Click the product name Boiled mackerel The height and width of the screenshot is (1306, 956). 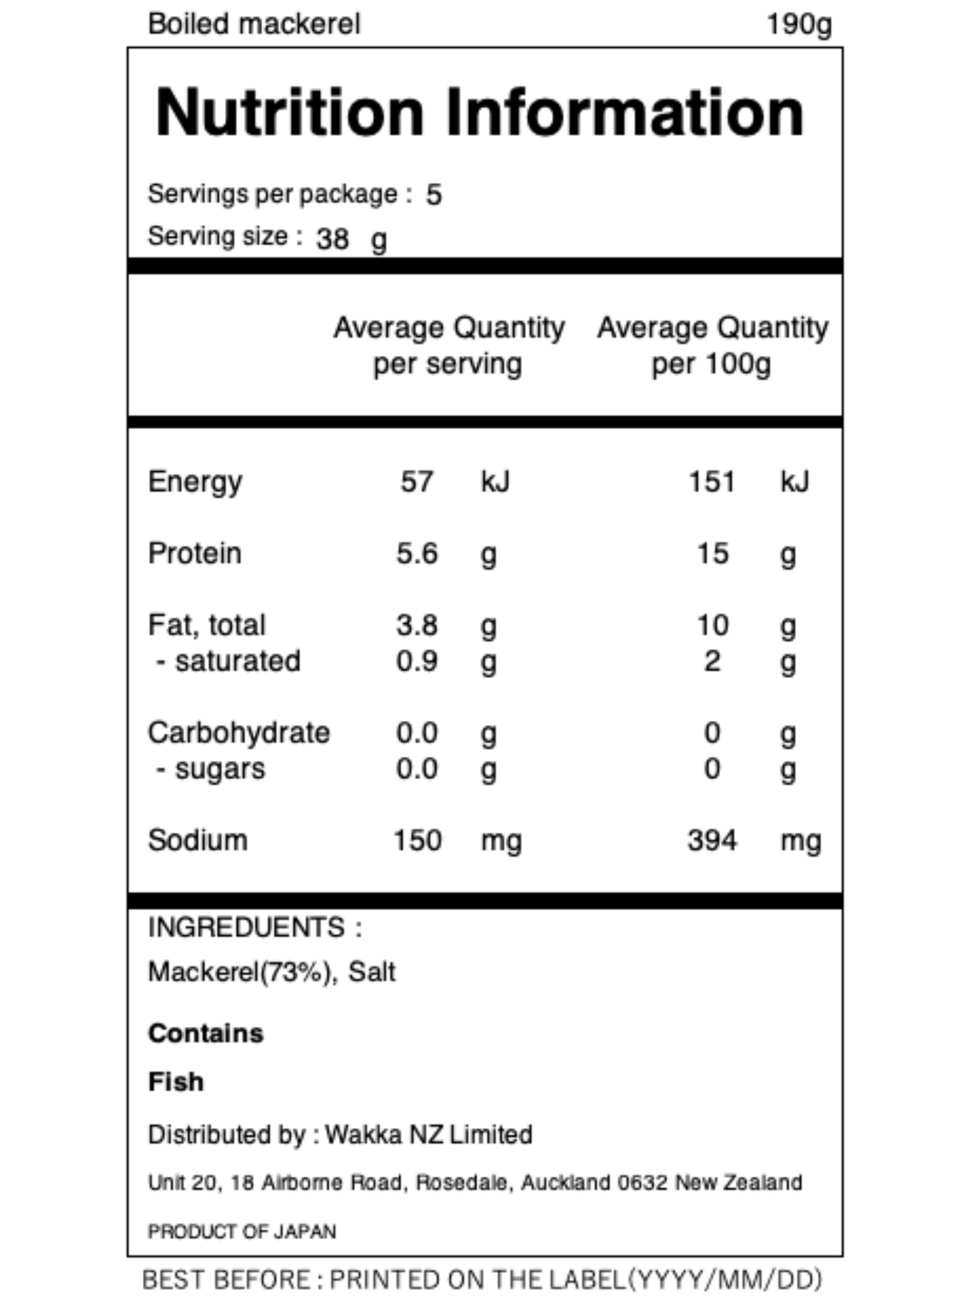(x=254, y=24)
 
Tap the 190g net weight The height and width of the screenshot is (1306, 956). (x=799, y=25)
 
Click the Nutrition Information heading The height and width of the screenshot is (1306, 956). (x=480, y=113)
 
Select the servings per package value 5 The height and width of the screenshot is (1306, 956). (x=433, y=195)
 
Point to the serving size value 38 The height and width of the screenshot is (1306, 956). (x=333, y=238)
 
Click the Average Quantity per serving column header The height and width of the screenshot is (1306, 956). (x=449, y=346)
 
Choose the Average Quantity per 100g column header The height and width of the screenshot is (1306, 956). (x=712, y=346)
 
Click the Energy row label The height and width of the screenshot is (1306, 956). (x=195, y=482)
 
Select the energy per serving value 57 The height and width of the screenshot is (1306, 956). (x=417, y=482)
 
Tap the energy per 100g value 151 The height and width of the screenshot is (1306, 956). (x=712, y=482)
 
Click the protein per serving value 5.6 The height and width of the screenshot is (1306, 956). (x=417, y=553)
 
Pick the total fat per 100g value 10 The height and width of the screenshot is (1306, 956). (x=713, y=625)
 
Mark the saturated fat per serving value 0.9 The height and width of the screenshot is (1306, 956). (x=417, y=661)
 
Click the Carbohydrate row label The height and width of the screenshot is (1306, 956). (x=239, y=733)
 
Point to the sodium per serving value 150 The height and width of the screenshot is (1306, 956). (x=417, y=841)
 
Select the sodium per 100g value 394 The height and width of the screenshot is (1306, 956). (x=712, y=841)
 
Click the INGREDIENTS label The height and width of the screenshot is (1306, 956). (x=247, y=927)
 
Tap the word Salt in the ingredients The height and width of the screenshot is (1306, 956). (x=372, y=972)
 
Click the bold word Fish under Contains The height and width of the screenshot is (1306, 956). (x=176, y=1082)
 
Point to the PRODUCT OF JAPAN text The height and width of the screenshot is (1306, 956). (x=242, y=1231)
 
